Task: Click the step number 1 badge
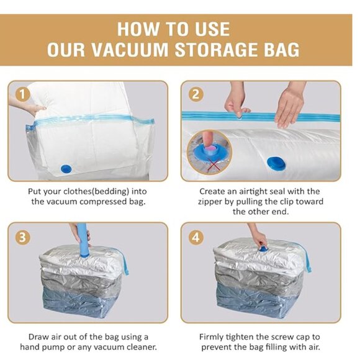[22, 94]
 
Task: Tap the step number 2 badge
[196, 94]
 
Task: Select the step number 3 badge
[22, 237]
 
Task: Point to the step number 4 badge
[196, 237]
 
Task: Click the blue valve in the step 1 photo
[66, 169]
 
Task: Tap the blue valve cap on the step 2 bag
[276, 163]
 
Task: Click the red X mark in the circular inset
[214, 163]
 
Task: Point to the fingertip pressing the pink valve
[209, 144]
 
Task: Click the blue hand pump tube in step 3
[83, 241]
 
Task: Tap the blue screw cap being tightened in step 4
[261, 248]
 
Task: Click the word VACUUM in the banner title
[130, 50]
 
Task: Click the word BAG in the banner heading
[282, 50]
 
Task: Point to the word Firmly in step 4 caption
[212, 337]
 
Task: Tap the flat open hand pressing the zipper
[289, 108]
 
